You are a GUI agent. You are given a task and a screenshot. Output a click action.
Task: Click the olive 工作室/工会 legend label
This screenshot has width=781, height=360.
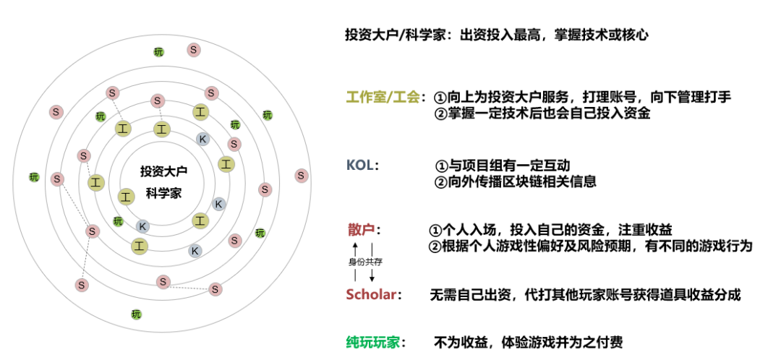383,98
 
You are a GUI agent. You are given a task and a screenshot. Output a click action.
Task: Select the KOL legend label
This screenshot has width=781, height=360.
362,166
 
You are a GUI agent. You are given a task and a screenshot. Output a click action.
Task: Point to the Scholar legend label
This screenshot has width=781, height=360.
374,295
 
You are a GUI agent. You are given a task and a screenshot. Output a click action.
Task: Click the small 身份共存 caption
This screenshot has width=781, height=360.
364,262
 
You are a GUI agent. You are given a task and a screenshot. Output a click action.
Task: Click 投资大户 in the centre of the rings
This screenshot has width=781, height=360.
163,171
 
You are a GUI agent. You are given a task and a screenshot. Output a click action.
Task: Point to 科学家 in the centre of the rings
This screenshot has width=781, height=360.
163,193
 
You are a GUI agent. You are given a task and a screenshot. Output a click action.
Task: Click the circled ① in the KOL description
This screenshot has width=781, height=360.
441,166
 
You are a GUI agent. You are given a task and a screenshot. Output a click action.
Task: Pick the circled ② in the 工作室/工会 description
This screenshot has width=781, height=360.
441,113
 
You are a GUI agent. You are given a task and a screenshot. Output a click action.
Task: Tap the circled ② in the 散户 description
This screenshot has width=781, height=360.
435,246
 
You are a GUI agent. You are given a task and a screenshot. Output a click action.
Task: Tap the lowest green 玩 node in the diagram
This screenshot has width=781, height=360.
136,314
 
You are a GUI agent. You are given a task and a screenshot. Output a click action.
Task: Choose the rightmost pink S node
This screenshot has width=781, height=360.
302,176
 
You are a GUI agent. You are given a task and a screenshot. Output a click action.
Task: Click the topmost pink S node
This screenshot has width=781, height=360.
194,50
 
